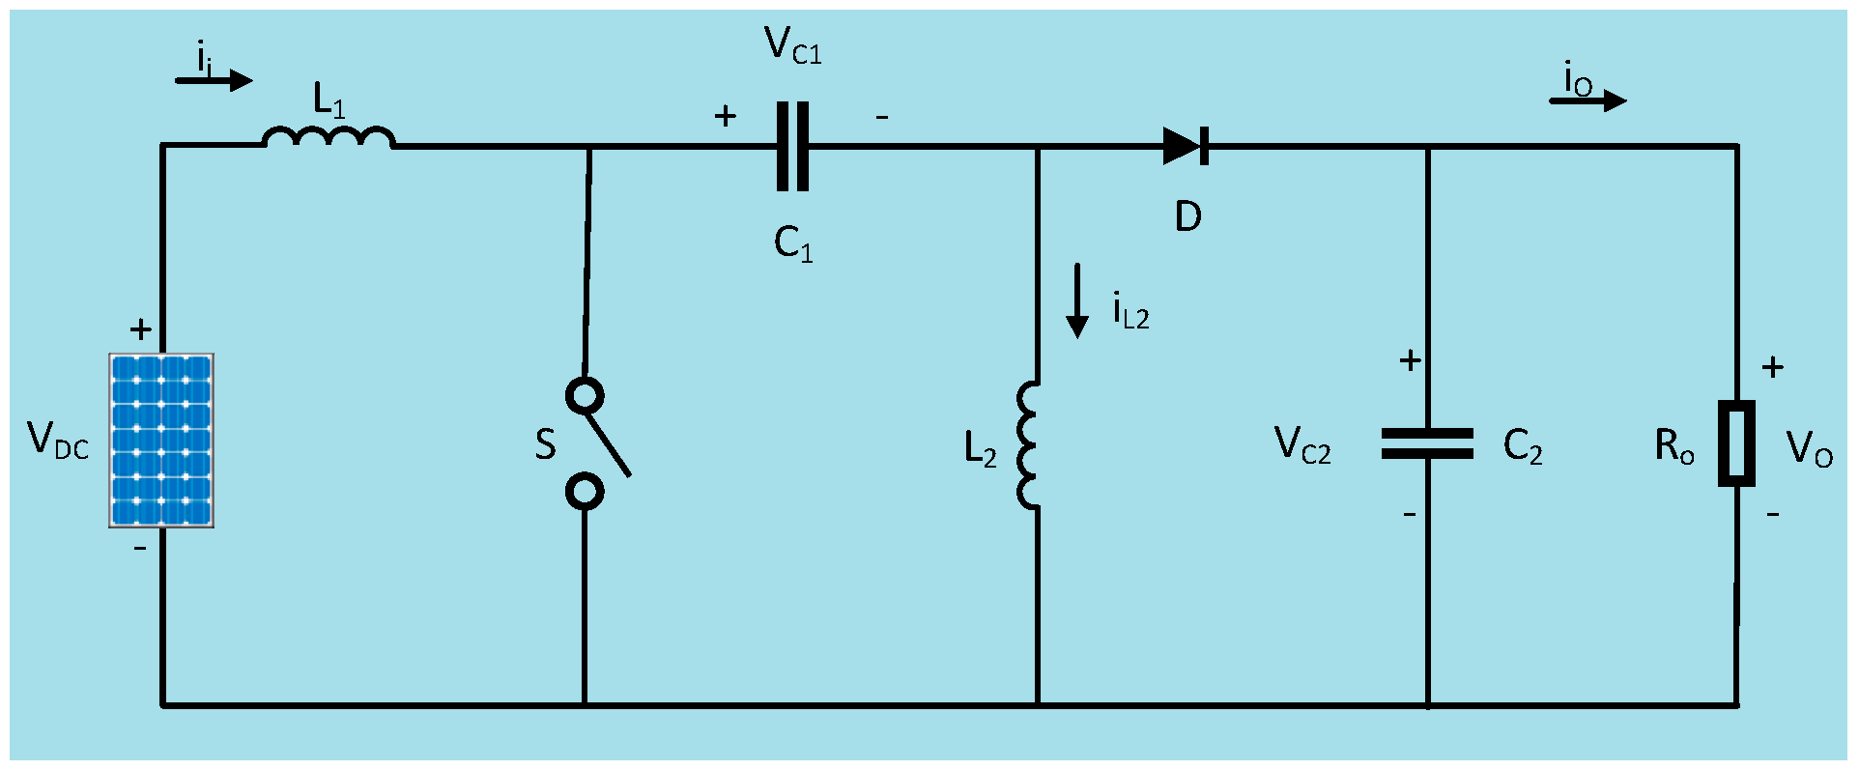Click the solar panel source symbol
click(x=161, y=441)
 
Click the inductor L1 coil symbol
click(x=329, y=139)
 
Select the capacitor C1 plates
click(x=792, y=147)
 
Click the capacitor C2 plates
click(x=1427, y=443)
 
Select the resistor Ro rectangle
click(x=1736, y=443)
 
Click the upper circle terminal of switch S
click(x=585, y=395)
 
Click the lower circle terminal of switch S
click(x=585, y=492)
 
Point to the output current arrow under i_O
click(x=1588, y=100)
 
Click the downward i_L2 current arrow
click(x=1076, y=300)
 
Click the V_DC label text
click(x=58, y=441)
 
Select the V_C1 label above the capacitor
click(x=792, y=46)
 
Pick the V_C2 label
click(x=1302, y=445)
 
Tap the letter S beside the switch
click(x=546, y=445)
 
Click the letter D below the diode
click(x=1188, y=217)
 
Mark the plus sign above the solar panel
click(x=141, y=330)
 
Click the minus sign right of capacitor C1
click(x=882, y=117)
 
